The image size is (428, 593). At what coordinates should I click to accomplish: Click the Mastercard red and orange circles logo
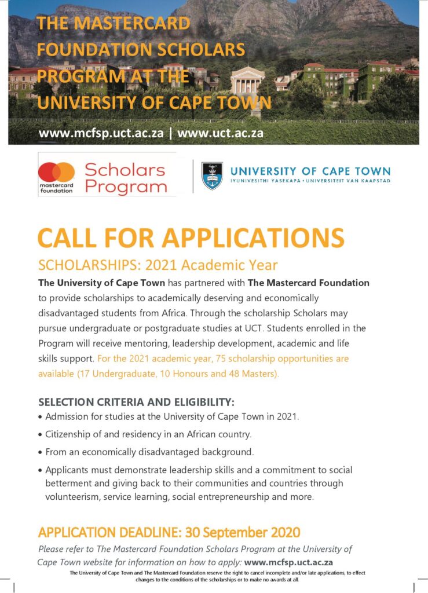click(x=57, y=172)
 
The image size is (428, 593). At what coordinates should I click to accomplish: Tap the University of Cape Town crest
click(x=212, y=175)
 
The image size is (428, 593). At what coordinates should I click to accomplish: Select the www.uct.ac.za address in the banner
click(x=221, y=134)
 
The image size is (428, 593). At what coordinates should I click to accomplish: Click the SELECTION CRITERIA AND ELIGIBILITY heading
click(x=136, y=402)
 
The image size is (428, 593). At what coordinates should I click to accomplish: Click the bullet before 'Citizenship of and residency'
click(x=40, y=434)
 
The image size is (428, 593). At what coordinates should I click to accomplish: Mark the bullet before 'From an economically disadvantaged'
click(x=40, y=452)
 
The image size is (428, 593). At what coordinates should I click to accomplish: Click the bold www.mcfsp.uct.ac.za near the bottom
click(x=288, y=562)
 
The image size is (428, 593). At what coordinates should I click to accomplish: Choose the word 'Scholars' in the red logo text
click(x=125, y=170)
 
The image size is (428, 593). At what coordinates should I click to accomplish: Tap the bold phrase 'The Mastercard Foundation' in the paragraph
click(x=308, y=283)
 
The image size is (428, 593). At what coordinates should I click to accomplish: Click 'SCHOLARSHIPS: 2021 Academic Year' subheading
click(x=158, y=265)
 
